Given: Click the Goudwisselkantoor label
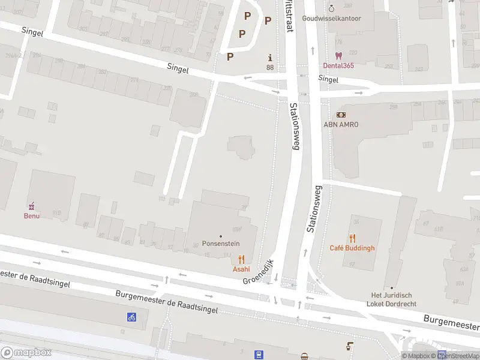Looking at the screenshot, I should click(331, 19).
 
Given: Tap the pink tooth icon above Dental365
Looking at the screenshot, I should click(337, 55).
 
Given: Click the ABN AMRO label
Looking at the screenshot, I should click(341, 124).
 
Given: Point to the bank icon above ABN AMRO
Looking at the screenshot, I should click(341, 114).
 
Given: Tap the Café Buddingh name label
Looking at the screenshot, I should click(352, 248).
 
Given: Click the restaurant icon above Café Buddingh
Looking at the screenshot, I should click(352, 238).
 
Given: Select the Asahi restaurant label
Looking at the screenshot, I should click(241, 269).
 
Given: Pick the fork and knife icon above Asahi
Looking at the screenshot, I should click(241, 259).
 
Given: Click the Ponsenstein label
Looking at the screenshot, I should click(221, 245).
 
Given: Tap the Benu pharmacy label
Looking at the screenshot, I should click(32, 215).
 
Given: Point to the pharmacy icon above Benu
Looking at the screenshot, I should click(32, 205).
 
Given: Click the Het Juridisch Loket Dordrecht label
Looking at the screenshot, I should click(391, 299).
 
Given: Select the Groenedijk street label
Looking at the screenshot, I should click(258, 272).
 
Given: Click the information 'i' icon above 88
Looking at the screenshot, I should click(270, 58).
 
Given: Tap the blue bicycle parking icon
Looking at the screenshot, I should click(131, 317).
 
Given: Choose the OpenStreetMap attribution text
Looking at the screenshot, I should click(459, 356).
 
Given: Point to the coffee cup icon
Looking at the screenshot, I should click(350, 346).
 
